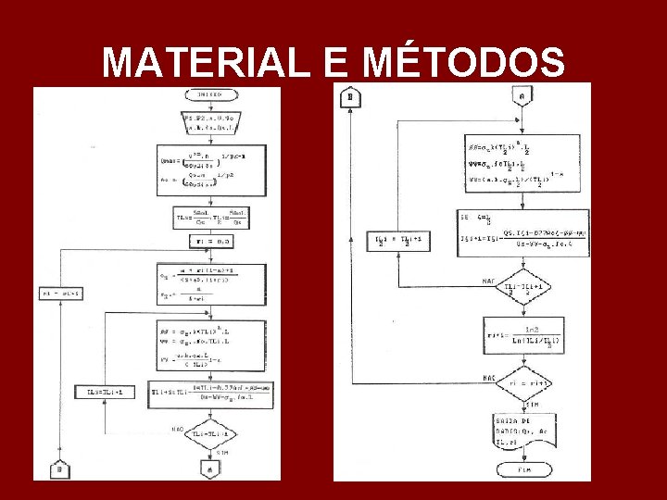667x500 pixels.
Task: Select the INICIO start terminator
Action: pyautogui.click(x=211, y=94)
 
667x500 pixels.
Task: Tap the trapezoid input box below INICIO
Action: pyautogui.click(x=211, y=122)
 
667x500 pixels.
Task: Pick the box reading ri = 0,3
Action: pyautogui.click(x=211, y=241)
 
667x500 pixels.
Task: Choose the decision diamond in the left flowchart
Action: pyautogui.click(x=212, y=434)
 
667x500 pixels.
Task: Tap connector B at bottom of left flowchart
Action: pyautogui.click(x=58, y=469)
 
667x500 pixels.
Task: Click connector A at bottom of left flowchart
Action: pyautogui.click(x=212, y=470)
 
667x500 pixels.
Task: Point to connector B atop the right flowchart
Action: pyautogui.click(x=350, y=97)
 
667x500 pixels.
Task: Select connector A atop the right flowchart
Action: pyautogui.click(x=522, y=96)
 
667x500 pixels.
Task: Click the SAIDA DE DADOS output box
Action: pyautogui.click(x=522, y=431)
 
